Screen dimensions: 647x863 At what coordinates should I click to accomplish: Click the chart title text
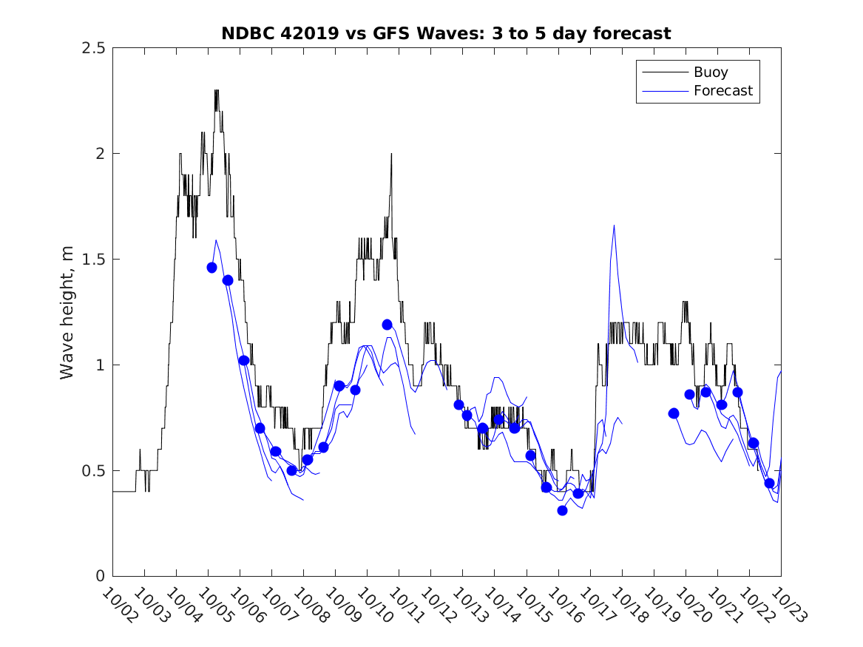tap(446, 33)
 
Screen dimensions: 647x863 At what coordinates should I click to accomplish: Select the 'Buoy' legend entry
tap(710, 72)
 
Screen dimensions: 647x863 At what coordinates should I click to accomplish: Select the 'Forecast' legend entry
tap(722, 91)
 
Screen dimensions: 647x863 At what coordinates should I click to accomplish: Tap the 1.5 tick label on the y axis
tap(92, 260)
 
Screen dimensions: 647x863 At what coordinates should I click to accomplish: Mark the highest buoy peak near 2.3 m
tap(217, 91)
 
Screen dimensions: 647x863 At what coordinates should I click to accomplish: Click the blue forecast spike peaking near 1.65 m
tap(614, 226)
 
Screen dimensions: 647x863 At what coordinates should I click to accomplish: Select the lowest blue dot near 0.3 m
tap(562, 510)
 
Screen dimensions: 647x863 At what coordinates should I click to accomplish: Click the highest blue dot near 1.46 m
tap(211, 268)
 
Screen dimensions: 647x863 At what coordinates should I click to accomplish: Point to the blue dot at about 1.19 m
tap(387, 325)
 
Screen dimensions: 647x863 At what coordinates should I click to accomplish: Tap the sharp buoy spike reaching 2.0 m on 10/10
tap(391, 155)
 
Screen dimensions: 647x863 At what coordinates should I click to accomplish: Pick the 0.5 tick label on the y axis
tap(92, 471)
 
